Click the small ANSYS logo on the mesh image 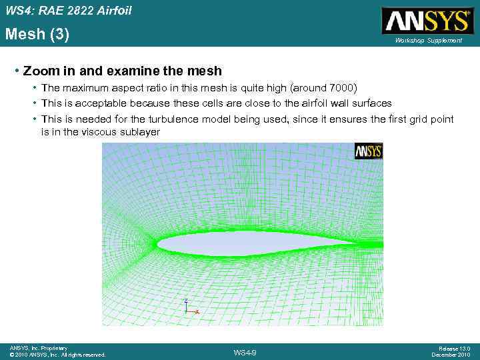[368, 151]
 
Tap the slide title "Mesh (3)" [37, 34]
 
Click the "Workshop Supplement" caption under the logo [428, 41]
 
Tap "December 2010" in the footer [451, 355]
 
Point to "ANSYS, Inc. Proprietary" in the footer [39, 348]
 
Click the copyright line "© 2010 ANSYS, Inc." [34, 355]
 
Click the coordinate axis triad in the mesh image [189, 307]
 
